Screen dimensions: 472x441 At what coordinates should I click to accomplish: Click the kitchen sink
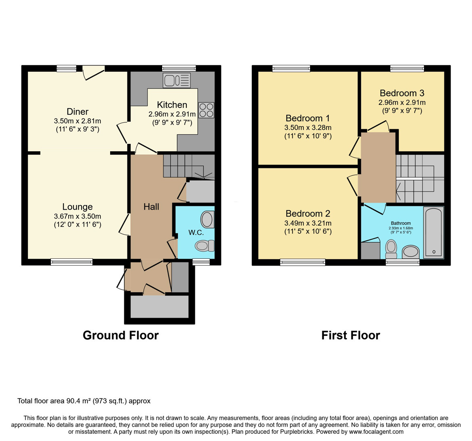177,80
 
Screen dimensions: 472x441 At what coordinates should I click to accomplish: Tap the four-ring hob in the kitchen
206,110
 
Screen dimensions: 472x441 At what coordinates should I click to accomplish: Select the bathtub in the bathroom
433,232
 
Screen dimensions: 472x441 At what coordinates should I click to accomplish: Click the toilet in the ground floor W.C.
205,246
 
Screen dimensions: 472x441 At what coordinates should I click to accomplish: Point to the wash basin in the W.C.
207,219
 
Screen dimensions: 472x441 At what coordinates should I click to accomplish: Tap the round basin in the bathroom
411,252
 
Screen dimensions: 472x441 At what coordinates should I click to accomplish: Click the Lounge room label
77,207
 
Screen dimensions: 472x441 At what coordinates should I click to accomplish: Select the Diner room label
77,112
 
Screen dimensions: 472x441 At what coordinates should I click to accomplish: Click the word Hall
151,207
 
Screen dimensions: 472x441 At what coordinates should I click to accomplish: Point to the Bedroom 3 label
402,93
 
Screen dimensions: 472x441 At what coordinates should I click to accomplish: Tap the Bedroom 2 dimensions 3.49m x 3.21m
308,223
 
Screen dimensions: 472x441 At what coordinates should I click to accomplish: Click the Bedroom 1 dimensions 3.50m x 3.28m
308,127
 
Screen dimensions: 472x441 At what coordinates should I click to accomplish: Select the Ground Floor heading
121,335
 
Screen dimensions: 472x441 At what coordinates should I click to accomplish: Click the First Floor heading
351,335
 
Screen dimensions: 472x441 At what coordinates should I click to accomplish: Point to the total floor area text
84,401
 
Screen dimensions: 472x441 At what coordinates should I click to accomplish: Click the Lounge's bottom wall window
72,262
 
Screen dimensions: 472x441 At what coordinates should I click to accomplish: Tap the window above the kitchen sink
179,68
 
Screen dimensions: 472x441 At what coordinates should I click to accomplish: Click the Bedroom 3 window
407,68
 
